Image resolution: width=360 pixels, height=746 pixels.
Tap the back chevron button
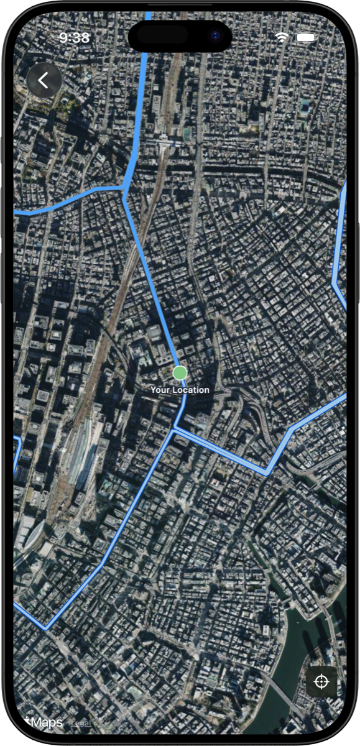44,80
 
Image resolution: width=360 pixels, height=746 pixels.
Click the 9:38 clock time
75,38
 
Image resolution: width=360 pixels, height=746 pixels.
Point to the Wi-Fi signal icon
282,37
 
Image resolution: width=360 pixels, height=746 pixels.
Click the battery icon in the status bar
305,37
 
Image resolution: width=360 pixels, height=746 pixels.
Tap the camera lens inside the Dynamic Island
215,35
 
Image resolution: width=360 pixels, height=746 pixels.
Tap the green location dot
180,372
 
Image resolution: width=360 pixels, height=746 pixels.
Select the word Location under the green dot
191,390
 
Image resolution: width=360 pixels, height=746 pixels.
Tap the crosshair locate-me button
321,681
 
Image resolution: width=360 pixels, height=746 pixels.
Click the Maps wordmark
46,722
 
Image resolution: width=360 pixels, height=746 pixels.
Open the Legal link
81,723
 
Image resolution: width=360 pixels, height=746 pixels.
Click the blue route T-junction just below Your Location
175,428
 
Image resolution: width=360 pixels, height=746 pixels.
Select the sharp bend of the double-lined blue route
267,473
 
